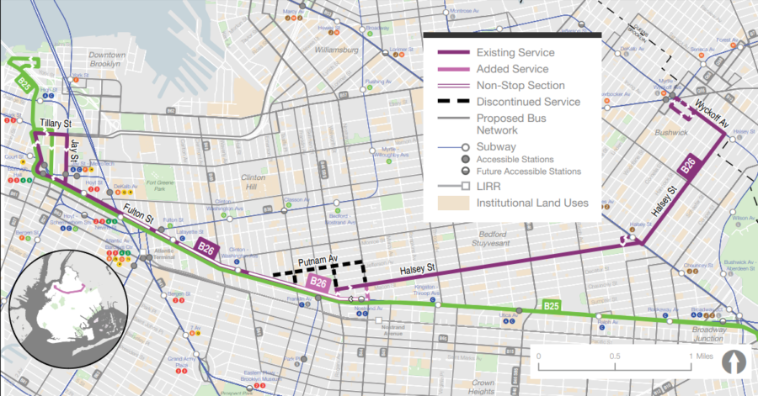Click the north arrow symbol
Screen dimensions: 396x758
coord(739,362)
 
